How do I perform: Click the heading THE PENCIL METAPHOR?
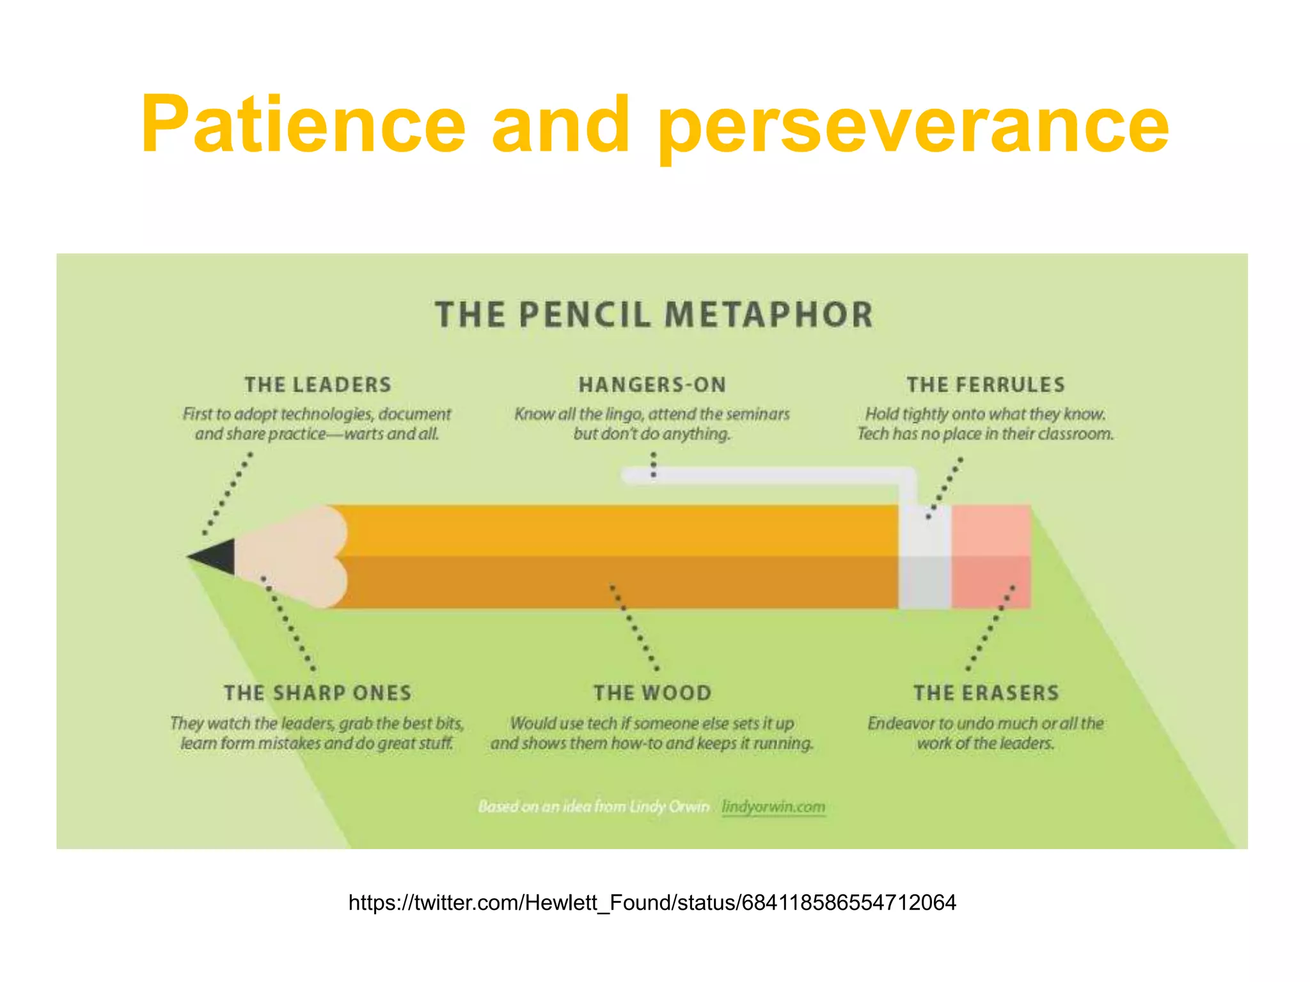[x=654, y=315]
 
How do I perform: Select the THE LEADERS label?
[x=318, y=385]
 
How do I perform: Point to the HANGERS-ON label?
[x=652, y=385]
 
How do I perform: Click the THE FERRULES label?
[x=986, y=385]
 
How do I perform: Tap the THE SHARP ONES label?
[x=318, y=693]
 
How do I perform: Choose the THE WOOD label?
[x=652, y=693]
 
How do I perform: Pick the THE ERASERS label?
[x=986, y=693]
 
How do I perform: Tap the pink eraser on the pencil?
[x=991, y=556]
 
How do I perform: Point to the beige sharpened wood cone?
[x=288, y=556]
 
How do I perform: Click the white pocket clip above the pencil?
[x=768, y=475]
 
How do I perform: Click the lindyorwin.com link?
[x=773, y=807]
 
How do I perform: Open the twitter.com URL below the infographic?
[x=652, y=903]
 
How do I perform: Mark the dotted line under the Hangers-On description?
[x=653, y=465]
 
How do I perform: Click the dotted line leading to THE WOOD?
[x=634, y=627]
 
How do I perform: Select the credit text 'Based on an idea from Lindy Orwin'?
[x=593, y=807]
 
